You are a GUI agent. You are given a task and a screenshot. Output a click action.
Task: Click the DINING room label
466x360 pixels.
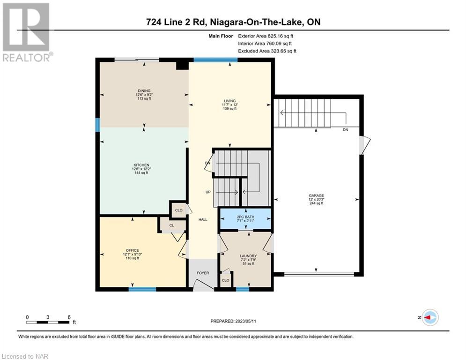point(144,91)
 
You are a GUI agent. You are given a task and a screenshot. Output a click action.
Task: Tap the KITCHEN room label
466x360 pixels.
point(141,165)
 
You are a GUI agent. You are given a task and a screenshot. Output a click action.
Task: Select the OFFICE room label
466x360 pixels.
point(132,250)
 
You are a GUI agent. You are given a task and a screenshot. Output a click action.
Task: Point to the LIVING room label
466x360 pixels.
point(230,101)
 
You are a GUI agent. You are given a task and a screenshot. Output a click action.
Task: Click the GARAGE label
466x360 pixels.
point(316,195)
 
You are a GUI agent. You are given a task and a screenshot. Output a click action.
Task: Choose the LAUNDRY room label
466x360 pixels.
point(248,256)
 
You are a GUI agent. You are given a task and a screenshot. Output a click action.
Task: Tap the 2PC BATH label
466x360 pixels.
point(245,217)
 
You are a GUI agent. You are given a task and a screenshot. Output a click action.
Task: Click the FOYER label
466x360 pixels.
point(203,273)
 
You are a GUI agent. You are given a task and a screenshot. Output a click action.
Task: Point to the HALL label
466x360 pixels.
point(203,219)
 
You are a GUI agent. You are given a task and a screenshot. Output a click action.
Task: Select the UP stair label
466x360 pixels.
point(208,192)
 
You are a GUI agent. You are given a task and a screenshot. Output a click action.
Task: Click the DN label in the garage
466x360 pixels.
point(345,130)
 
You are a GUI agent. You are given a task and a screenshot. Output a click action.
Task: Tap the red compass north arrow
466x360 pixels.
point(428,317)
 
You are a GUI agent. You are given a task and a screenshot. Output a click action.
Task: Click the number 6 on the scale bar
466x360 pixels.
point(69,317)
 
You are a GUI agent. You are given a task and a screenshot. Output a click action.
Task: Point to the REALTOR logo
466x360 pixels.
point(26,32)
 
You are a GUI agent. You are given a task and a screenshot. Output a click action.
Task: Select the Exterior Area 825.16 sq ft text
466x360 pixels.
point(266,36)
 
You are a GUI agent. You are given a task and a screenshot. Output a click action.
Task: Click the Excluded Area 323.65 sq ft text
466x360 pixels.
point(267,51)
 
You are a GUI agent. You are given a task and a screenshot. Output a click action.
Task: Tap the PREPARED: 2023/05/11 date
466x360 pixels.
point(233,321)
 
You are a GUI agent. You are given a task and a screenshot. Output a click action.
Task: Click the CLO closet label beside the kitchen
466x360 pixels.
point(178,210)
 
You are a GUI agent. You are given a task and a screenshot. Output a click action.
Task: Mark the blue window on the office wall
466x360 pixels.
point(142,289)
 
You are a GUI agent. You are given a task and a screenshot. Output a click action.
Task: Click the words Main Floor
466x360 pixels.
point(221,36)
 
